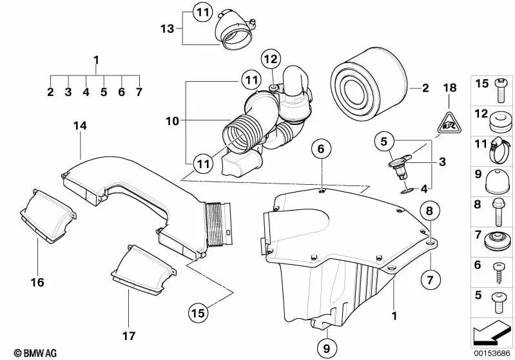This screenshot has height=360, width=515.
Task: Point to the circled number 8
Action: [x=430, y=209]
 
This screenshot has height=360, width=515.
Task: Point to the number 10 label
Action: [x=171, y=120]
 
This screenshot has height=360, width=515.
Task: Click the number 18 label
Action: [x=449, y=87]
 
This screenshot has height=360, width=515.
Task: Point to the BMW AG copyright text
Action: [x=32, y=353]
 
